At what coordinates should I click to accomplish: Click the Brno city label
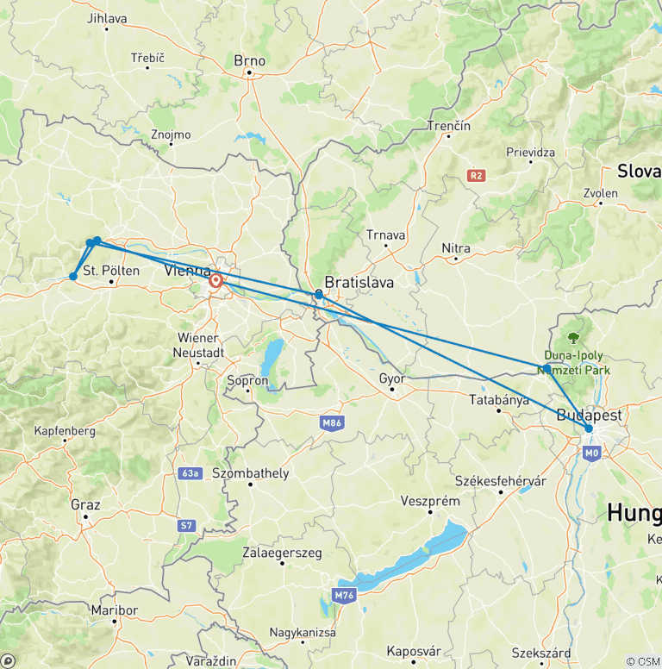click(250, 61)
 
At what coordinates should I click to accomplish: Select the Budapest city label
click(589, 414)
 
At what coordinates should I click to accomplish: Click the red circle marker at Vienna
click(216, 280)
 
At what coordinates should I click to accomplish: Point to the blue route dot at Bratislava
click(319, 295)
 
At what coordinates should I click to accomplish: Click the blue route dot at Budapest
click(589, 428)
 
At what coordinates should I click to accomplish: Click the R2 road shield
click(475, 176)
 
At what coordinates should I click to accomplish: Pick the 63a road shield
click(190, 473)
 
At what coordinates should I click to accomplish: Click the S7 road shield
click(187, 524)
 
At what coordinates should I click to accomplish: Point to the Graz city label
click(86, 504)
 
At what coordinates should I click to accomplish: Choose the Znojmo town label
click(171, 134)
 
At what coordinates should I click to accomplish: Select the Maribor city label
click(114, 610)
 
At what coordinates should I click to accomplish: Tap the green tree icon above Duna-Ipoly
click(573, 337)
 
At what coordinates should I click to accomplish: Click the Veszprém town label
click(430, 501)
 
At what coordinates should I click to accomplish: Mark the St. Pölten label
click(112, 271)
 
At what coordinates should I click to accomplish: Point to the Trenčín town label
click(449, 127)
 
